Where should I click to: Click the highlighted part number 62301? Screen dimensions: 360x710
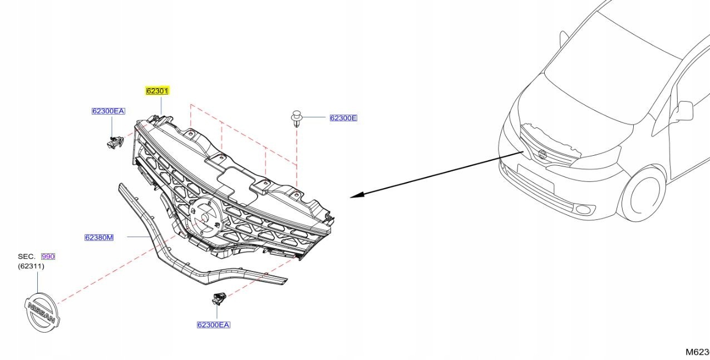pos(157,91)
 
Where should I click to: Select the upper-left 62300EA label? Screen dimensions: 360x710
pos(108,111)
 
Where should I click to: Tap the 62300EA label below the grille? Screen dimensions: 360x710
pos(213,325)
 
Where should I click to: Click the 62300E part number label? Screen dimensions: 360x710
pos(343,118)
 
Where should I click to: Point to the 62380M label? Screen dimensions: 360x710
pos(99,238)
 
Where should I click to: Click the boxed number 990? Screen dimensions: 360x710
pos(48,257)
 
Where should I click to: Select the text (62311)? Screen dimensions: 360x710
pos(31,266)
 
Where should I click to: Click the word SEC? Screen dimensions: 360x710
pos(27,257)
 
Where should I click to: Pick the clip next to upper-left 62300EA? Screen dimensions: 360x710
pos(115,142)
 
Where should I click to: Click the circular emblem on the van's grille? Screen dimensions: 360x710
pos(543,155)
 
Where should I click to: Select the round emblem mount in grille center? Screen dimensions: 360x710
pos(204,216)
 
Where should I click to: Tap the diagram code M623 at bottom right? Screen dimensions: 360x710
pos(697,352)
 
